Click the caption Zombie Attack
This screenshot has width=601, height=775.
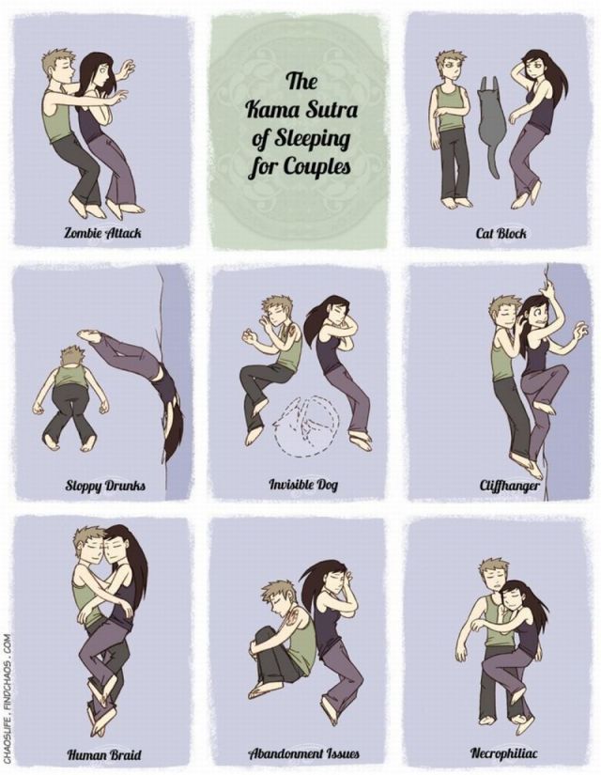click(x=102, y=232)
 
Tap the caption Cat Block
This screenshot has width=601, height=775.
click(x=501, y=232)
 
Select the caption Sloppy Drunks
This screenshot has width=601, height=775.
click(x=105, y=486)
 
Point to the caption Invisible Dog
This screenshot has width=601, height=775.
click(x=303, y=485)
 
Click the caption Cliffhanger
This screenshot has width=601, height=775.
click(x=509, y=486)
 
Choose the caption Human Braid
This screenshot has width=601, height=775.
click(x=104, y=754)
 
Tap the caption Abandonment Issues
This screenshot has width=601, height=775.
click(x=303, y=753)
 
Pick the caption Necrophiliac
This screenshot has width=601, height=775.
click(x=503, y=753)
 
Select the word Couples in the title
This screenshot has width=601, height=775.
click(x=316, y=166)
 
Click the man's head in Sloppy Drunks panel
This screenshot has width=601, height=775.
click(x=72, y=356)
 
